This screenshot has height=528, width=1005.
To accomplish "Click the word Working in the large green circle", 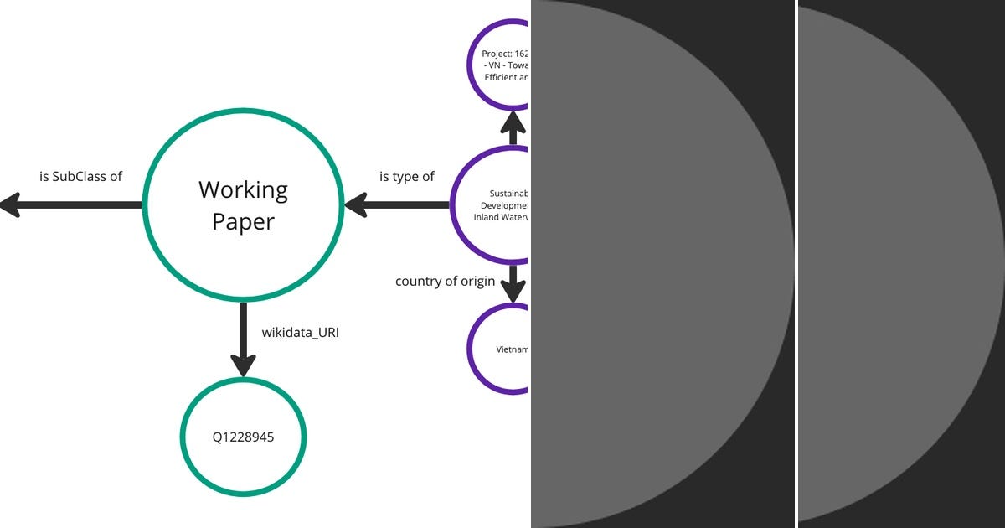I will (x=243, y=190).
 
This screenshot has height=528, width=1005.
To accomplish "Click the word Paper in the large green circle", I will (x=243, y=221).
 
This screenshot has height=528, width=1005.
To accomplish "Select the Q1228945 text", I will (x=243, y=437).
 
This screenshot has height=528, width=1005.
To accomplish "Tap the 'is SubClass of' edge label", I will (x=80, y=176).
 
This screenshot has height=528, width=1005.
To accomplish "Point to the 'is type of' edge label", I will (x=407, y=176).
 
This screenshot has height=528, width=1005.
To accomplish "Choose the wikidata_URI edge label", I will (x=300, y=332).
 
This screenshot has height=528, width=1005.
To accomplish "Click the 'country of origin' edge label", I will (x=445, y=281).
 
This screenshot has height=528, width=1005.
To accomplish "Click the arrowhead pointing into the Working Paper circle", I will (x=355, y=204).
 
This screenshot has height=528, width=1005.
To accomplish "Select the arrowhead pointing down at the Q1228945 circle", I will (x=243, y=365).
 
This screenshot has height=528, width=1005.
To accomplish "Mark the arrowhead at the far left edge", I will (x=8, y=204).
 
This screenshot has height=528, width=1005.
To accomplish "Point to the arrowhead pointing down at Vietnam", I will (x=513, y=292).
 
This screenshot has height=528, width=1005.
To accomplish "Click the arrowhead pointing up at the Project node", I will (x=513, y=122).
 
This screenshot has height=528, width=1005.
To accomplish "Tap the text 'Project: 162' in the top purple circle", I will (x=506, y=54).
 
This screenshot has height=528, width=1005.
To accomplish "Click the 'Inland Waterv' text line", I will (x=502, y=217).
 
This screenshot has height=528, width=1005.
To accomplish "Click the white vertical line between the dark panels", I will (x=796, y=264).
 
